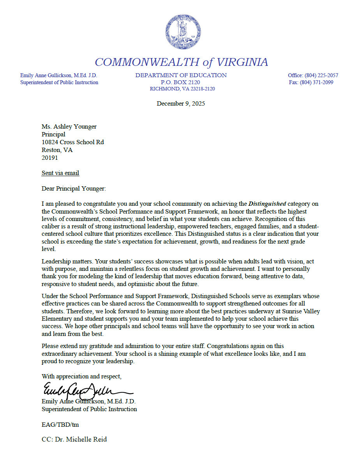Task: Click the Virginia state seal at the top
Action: click(x=183, y=32)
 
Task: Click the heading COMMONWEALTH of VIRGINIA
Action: click(x=181, y=62)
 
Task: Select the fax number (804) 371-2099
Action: click(x=316, y=82)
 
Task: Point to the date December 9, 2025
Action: click(x=181, y=104)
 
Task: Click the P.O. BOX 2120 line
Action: click(x=180, y=82)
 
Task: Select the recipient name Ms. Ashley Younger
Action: click(x=69, y=127)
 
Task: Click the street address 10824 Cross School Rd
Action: click(x=72, y=142)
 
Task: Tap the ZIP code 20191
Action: click(x=49, y=158)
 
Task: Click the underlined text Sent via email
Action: click(x=60, y=173)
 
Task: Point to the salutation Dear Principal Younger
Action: click(x=74, y=189)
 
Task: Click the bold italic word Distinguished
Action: click(x=267, y=203)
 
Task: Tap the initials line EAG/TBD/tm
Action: click(x=60, y=424)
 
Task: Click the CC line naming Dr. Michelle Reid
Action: click(x=74, y=439)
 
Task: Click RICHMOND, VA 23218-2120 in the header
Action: click(x=182, y=89)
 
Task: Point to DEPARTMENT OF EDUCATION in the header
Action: click(x=181, y=75)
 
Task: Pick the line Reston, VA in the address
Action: click(x=57, y=150)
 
